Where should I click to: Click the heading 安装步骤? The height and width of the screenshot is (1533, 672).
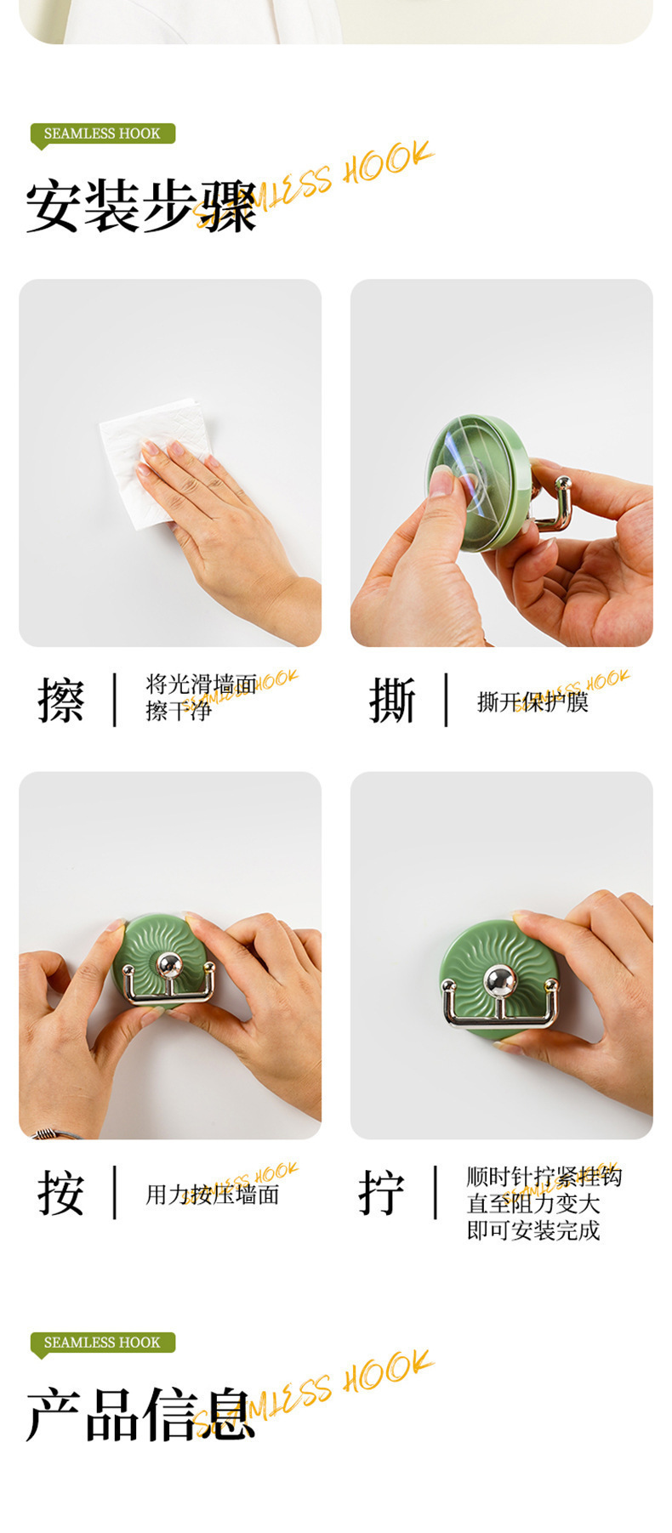(141, 207)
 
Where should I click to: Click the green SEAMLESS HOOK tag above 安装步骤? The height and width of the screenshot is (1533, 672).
(102, 133)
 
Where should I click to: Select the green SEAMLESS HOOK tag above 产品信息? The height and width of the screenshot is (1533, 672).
(102, 1343)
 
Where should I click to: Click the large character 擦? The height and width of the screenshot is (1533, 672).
(61, 701)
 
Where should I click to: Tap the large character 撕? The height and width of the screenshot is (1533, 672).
(392, 701)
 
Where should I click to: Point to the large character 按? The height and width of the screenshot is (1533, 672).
(61, 1193)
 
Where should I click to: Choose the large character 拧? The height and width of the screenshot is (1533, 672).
(382, 1193)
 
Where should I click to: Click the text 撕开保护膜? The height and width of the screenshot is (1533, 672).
(532, 702)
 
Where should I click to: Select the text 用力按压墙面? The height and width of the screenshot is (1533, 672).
(212, 1195)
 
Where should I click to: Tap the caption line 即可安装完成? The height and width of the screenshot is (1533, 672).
(533, 1230)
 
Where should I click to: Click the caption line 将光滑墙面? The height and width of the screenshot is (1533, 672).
(201, 684)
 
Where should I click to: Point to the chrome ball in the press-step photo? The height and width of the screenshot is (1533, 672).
(169, 965)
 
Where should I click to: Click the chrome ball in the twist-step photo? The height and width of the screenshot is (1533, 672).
(499, 982)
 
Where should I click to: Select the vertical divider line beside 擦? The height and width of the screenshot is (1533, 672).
(114, 700)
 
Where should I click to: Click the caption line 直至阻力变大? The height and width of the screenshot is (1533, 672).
(533, 1204)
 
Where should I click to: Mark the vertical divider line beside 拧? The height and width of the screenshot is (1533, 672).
(435, 1192)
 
